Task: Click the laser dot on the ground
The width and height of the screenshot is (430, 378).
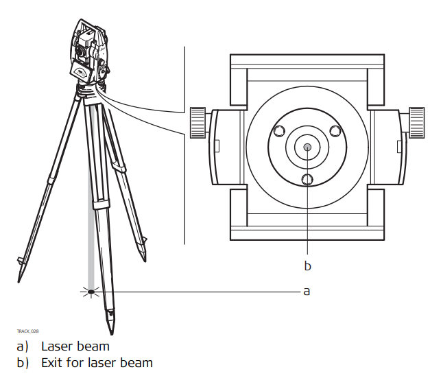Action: click(x=91, y=292)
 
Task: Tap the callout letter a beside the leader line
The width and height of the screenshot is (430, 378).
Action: click(x=307, y=292)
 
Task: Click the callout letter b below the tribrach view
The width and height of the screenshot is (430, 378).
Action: click(x=308, y=265)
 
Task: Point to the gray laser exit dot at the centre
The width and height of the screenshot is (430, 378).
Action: click(x=307, y=147)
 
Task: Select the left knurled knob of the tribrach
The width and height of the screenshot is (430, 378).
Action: click(x=198, y=123)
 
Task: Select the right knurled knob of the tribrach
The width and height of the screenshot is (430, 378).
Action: click(x=417, y=123)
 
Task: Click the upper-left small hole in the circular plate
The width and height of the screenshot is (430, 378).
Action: click(x=279, y=131)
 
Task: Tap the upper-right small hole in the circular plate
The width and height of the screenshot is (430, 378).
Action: click(x=335, y=131)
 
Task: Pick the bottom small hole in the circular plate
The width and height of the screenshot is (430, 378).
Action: click(x=307, y=180)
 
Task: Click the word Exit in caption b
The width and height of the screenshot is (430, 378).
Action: click(x=50, y=363)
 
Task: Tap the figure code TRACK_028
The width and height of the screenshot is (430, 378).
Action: click(x=27, y=331)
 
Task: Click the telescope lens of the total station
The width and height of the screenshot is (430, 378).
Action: click(x=80, y=50)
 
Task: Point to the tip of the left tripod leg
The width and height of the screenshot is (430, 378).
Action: click(x=19, y=282)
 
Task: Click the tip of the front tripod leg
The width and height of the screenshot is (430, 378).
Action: click(x=112, y=333)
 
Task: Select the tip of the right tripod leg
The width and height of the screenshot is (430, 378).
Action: click(x=145, y=261)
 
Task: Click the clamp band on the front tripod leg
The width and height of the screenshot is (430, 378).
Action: click(x=101, y=204)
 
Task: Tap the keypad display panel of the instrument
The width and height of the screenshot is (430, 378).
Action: click(x=81, y=73)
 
